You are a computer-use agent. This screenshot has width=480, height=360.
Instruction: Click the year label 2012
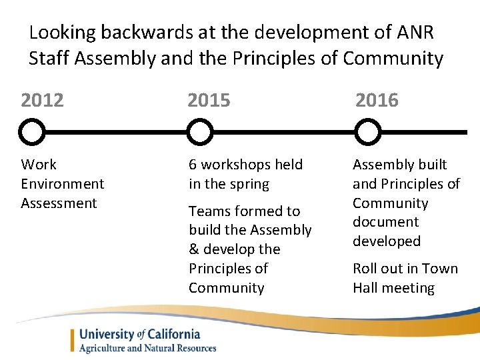(43, 101)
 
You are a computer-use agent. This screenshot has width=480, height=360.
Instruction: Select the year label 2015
(209, 101)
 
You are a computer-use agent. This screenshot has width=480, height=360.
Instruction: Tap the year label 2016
(377, 101)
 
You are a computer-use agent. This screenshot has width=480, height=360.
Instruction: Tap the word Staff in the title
(49, 59)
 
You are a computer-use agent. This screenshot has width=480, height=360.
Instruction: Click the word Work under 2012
(39, 165)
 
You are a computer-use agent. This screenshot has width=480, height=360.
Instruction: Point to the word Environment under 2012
(62, 183)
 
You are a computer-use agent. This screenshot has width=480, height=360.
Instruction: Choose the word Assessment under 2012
(59, 203)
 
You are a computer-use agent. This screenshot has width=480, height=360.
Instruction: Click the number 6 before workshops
(193, 165)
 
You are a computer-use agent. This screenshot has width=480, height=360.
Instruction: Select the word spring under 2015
(248, 184)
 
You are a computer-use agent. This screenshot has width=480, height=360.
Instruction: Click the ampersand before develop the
(193, 249)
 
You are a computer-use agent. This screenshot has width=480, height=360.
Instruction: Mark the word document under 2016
(385, 222)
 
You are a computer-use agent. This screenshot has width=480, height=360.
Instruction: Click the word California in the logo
(174, 334)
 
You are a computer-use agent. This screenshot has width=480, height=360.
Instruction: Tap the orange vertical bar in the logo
(73, 340)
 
